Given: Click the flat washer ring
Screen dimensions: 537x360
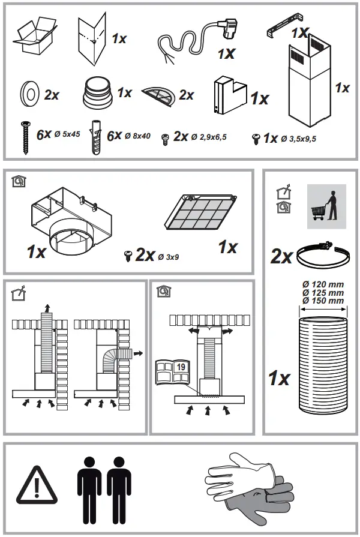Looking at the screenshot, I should click(29, 94).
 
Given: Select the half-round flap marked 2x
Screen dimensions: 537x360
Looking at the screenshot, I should click(159, 94).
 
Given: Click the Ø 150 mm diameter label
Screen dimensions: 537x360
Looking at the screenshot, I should click(324, 300).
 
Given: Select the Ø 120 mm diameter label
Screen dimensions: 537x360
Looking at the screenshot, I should click(324, 283).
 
